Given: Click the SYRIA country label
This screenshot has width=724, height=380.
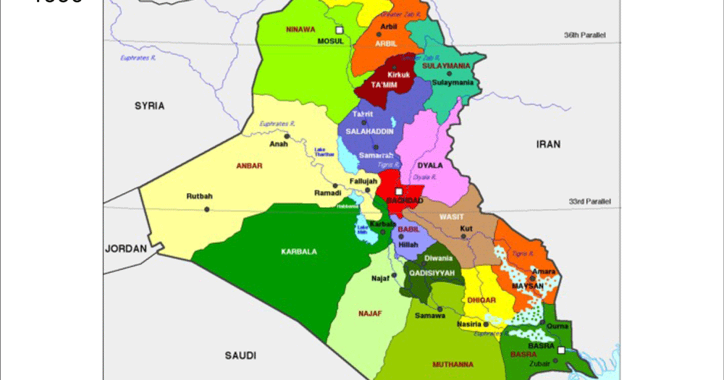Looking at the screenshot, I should coord(149,106).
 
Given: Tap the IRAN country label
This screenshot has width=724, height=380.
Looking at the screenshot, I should coord(548,144).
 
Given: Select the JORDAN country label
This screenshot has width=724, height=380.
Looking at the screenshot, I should coord(126,248).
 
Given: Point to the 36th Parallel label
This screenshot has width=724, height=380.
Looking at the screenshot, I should coord(585,35).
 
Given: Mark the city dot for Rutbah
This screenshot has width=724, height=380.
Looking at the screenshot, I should coord(206,209).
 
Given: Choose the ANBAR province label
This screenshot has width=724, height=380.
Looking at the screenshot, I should coord(248,166).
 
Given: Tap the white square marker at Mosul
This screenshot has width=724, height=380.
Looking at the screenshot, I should coord(338,29).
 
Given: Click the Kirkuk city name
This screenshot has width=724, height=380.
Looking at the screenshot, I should coord(398,75).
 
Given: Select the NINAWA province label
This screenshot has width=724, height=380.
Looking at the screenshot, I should coord(300,30).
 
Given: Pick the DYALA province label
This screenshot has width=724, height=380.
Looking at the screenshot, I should coord(429,165).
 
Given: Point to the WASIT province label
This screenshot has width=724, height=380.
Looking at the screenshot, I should coord(451,216).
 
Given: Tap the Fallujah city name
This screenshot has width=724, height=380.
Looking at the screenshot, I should coord(363,181).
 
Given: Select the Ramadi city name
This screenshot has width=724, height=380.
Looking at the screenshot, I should coord(327,193).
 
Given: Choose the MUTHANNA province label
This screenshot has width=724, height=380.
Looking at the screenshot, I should coord(452,364).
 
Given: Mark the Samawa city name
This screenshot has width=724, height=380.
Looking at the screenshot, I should coord(429,316).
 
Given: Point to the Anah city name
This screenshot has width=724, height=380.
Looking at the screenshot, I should coord(279,143).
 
